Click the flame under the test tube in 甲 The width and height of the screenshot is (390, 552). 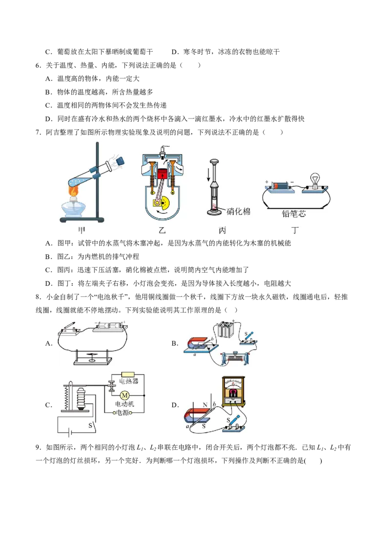click(x=74, y=191)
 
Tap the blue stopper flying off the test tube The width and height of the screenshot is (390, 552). click(x=120, y=160)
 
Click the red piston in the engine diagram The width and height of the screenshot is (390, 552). click(x=161, y=174)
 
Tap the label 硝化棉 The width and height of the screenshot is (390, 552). click(x=238, y=211)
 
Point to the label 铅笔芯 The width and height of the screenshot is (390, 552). click(x=293, y=213)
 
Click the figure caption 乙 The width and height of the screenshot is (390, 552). click(x=161, y=230)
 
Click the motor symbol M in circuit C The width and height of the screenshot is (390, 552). click(x=124, y=395)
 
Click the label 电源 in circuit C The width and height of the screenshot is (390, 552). click(x=123, y=413)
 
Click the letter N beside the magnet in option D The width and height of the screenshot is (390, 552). click(x=205, y=405)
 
